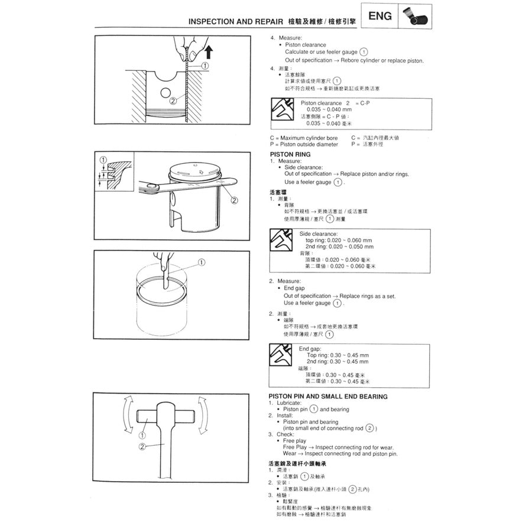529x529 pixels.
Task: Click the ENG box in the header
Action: click(379, 16)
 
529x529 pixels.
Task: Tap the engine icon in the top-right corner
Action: click(414, 17)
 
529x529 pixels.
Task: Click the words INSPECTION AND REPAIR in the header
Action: click(236, 21)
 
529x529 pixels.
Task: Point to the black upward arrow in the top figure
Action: click(207, 53)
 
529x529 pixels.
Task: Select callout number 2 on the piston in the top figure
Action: click(173, 100)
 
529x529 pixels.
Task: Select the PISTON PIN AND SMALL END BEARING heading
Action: click(328, 397)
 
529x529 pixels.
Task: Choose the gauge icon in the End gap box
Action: click(280, 353)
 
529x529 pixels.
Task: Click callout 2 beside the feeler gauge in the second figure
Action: click(234, 200)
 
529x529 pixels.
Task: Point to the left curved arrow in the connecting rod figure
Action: click(125, 416)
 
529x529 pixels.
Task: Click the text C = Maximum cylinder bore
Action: click(303, 138)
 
